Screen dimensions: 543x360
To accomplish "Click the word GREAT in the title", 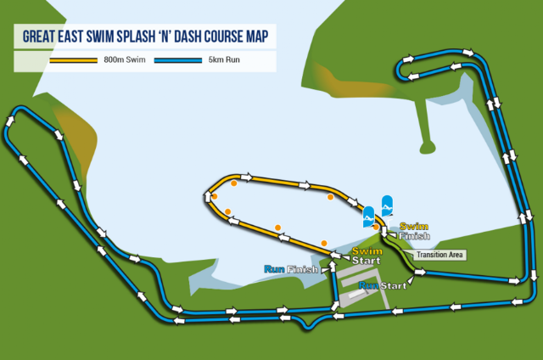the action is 42,37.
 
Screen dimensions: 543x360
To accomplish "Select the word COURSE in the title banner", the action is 229,37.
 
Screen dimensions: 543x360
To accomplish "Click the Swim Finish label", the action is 413,230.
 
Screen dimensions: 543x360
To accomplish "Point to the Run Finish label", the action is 291,269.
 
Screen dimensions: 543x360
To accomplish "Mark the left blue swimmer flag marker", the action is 369,215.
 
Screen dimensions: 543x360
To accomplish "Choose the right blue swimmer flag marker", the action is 387,205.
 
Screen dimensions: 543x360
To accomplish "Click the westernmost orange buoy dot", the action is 215,196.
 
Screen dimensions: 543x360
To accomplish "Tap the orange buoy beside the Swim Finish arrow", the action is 376,227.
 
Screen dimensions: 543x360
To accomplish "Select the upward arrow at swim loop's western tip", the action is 207,196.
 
